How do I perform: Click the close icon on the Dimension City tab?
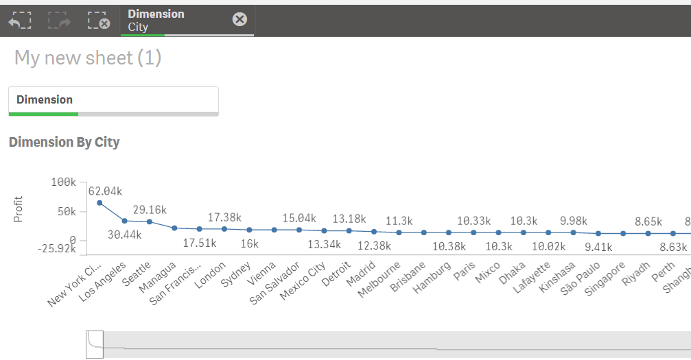point(239,19)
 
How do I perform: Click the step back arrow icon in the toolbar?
point(20,21)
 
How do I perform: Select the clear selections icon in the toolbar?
point(99,21)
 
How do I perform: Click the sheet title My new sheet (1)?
point(88,58)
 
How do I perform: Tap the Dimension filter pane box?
point(113,100)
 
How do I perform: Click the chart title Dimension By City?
point(64,143)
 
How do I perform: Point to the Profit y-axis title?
point(19,209)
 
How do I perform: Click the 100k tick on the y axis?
point(63,182)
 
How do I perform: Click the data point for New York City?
point(99,203)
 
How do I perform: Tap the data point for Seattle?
point(150,221)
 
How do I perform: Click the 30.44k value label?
point(124,235)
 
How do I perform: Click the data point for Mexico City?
point(324,231)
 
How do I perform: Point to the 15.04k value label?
point(299,218)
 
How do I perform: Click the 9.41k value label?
point(599,248)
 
